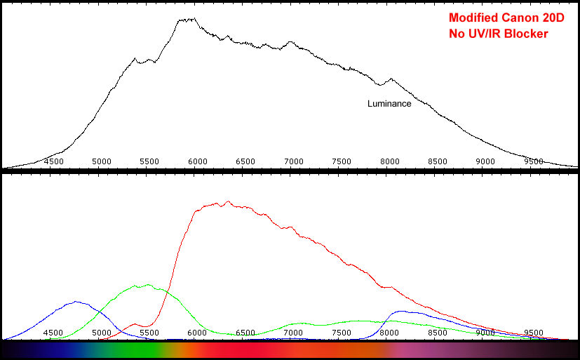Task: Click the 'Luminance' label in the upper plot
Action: [389, 104]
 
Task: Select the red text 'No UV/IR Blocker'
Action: [497, 34]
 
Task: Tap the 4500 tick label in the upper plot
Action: [54, 161]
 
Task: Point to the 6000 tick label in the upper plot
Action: [198, 161]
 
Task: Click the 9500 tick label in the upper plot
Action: [534, 161]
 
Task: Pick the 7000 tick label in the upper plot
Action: [294, 161]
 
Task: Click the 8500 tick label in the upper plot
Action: [438, 161]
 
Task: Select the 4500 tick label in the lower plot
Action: [54, 333]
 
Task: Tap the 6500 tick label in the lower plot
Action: [245, 333]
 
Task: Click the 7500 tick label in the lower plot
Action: [342, 333]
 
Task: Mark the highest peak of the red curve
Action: [227, 202]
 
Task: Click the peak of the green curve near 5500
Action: [147, 285]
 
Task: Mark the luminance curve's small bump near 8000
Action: [391, 79]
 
